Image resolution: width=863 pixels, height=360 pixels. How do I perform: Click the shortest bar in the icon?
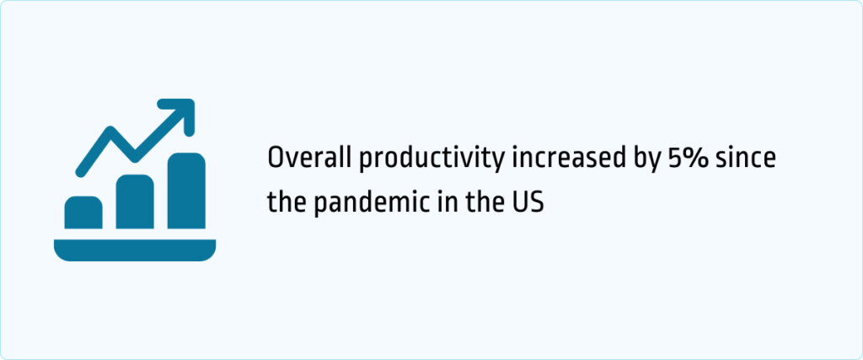pos(83,212)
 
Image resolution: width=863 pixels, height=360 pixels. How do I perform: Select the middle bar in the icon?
pos(134,202)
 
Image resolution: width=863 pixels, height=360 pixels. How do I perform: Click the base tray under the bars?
pos(135,250)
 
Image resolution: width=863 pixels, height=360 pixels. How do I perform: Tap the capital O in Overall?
pos(276,158)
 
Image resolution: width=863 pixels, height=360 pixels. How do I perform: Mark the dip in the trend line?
pos(134,157)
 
